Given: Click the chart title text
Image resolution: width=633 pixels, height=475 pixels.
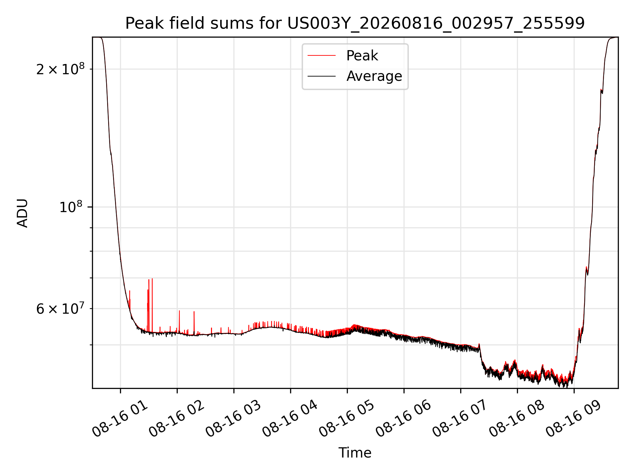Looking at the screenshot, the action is pyautogui.click(x=355, y=23).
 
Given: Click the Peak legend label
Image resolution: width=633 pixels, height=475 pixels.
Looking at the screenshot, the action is pyautogui.click(x=362, y=56).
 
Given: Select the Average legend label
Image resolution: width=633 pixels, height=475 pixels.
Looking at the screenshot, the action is pyautogui.click(x=374, y=76).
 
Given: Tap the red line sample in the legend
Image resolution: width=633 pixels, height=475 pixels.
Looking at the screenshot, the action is pyautogui.click(x=321, y=56).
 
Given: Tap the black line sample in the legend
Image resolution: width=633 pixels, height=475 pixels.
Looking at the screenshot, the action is pyautogui.click(x=321, y=76).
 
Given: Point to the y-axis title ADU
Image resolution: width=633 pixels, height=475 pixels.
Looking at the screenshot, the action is pyautogui.click(x=22, y=213).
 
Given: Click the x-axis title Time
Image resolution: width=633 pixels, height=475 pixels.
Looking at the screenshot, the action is pyautogui.click(x=355, y=453).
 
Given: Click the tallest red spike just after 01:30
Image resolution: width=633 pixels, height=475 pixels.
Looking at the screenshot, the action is pyautogui.click(x=152, y=305).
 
